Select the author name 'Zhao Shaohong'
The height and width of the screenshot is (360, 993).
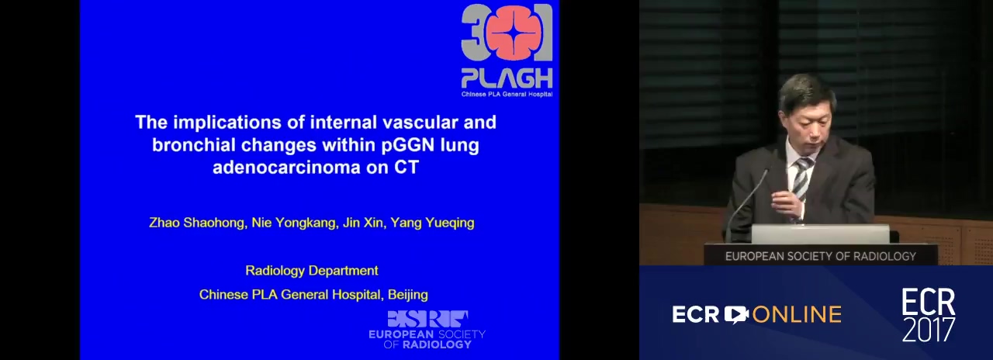coord(197,223)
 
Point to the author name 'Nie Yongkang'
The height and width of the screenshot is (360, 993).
coord(293,223)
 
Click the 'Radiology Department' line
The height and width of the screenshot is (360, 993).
coord(312,271)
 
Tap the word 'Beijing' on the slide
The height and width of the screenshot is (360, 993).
coord(408,295)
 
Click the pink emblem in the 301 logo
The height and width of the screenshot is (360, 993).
coord(507,32)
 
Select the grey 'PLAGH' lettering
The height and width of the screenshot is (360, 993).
coord(507,78)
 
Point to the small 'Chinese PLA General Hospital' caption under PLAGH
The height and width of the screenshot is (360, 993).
coord(507,94)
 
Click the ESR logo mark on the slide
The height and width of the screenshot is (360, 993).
coord(427,319)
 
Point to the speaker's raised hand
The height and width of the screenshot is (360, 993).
coord(787,203)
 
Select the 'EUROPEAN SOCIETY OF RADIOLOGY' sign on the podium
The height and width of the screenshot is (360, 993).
coord(821,256)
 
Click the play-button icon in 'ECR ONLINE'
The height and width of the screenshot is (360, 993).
coord(736,314)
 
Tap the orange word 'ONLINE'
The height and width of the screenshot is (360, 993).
coord(797,315)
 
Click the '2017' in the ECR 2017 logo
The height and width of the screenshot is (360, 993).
coord(929,329)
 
